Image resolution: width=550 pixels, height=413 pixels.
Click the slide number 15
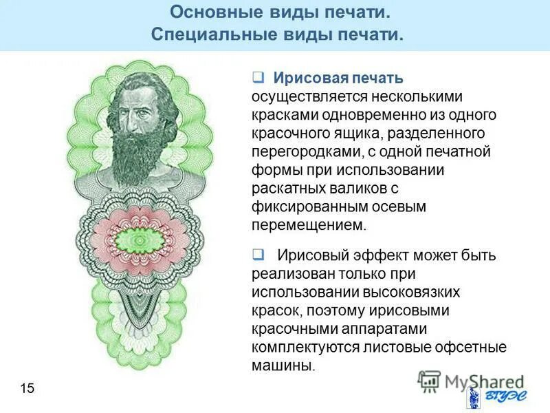click(x=27, y=389)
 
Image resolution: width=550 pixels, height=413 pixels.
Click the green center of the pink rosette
click(x=142, y=242)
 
